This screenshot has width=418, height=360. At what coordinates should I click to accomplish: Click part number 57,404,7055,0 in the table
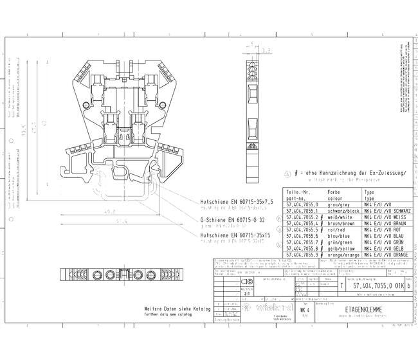click(x=303, y=204)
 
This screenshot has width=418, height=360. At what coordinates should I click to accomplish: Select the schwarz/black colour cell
click(x=344, y=211)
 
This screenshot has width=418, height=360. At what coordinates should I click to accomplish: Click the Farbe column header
click(x=334, y=192)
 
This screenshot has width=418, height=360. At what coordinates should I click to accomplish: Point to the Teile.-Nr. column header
click(x=299, y=192)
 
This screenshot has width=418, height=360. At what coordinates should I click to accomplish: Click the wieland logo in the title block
click(x=265, y=309)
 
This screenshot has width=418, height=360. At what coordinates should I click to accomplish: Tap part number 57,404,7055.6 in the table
click(x=303, y=235)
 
